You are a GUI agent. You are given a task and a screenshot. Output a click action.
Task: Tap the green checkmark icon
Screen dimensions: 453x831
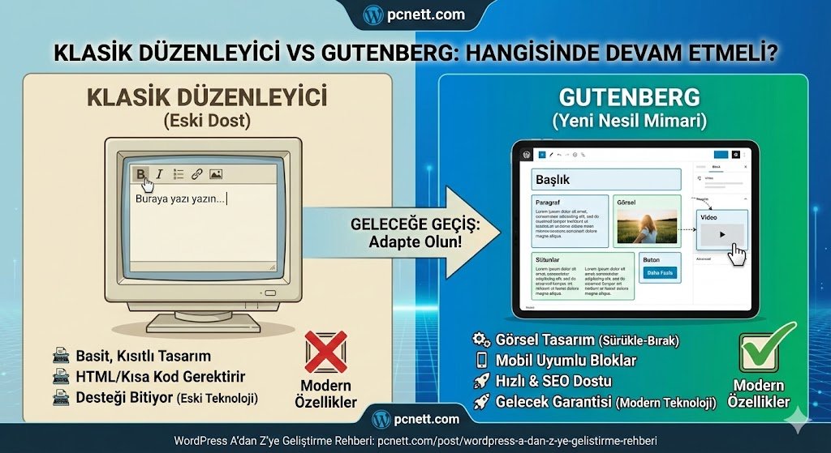click(764, 348)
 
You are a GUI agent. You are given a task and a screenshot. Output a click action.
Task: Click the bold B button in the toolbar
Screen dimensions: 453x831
click(141, 173)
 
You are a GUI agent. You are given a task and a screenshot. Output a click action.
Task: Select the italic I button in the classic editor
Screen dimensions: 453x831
click(160, 173)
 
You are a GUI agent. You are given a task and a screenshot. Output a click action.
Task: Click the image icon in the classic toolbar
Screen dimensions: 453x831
click(216, 173)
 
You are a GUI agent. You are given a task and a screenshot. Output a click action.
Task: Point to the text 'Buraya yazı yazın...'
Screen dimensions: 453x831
click(180, 199)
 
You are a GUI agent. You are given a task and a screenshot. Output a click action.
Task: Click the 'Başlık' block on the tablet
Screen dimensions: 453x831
click(605, 179)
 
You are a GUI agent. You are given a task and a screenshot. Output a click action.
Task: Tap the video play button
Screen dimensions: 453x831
click(721, 233)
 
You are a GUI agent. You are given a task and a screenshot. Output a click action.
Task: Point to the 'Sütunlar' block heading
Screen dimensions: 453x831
click(550, 259)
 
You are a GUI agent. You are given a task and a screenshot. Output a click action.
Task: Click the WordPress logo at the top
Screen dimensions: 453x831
click(373, 14)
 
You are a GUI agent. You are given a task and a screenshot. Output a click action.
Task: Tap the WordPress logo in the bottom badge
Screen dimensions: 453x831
click(381, 419)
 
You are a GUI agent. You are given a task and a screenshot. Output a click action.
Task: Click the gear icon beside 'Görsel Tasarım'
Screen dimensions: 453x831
click(480, 340)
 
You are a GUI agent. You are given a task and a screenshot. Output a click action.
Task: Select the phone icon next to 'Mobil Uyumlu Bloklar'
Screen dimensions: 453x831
click(480, 361)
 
